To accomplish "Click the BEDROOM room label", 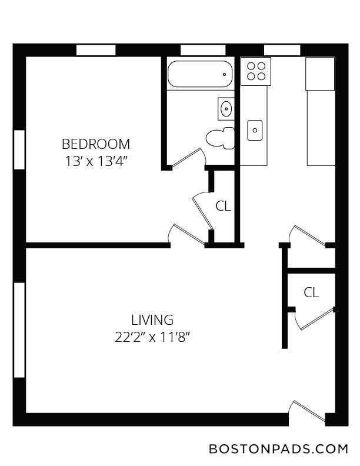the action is pyautogui.click(x=96, y=144).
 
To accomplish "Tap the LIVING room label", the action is pyautogui.click(x=152, y=320).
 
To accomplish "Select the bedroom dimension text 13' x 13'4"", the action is pyautogui.click(x=96, y=161).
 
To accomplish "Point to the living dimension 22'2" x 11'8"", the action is pyautogui.click(x=152, y=337).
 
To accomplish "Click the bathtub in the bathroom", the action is pyautogui.click(x=200, y=74).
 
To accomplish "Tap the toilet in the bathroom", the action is pyautogui.click(x=220, y=138).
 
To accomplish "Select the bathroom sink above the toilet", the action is pyautogui.click(x=226, y=109).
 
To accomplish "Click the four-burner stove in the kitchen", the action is pyautogui.click(x=256, y=72).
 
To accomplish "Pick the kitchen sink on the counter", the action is pyautogui.click(x=255, y=130).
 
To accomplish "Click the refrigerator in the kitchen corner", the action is pyautogui.click(x=320, y=74).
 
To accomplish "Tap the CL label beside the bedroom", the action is pyautogui.click(x=223, y=206).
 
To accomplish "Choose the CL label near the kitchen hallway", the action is pyautogui.click(x=311, y=292).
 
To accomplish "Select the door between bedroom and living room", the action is pyautogui.click(x=186, y=235).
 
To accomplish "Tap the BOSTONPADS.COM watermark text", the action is pyautogui.click(x=278, y=448).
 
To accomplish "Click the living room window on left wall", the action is pyautogui.click(x=19, y=330).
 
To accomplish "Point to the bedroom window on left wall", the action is pyautogui.click(x=19, y=149).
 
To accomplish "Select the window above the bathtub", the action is pyautogui.click(x=203, y=50).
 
